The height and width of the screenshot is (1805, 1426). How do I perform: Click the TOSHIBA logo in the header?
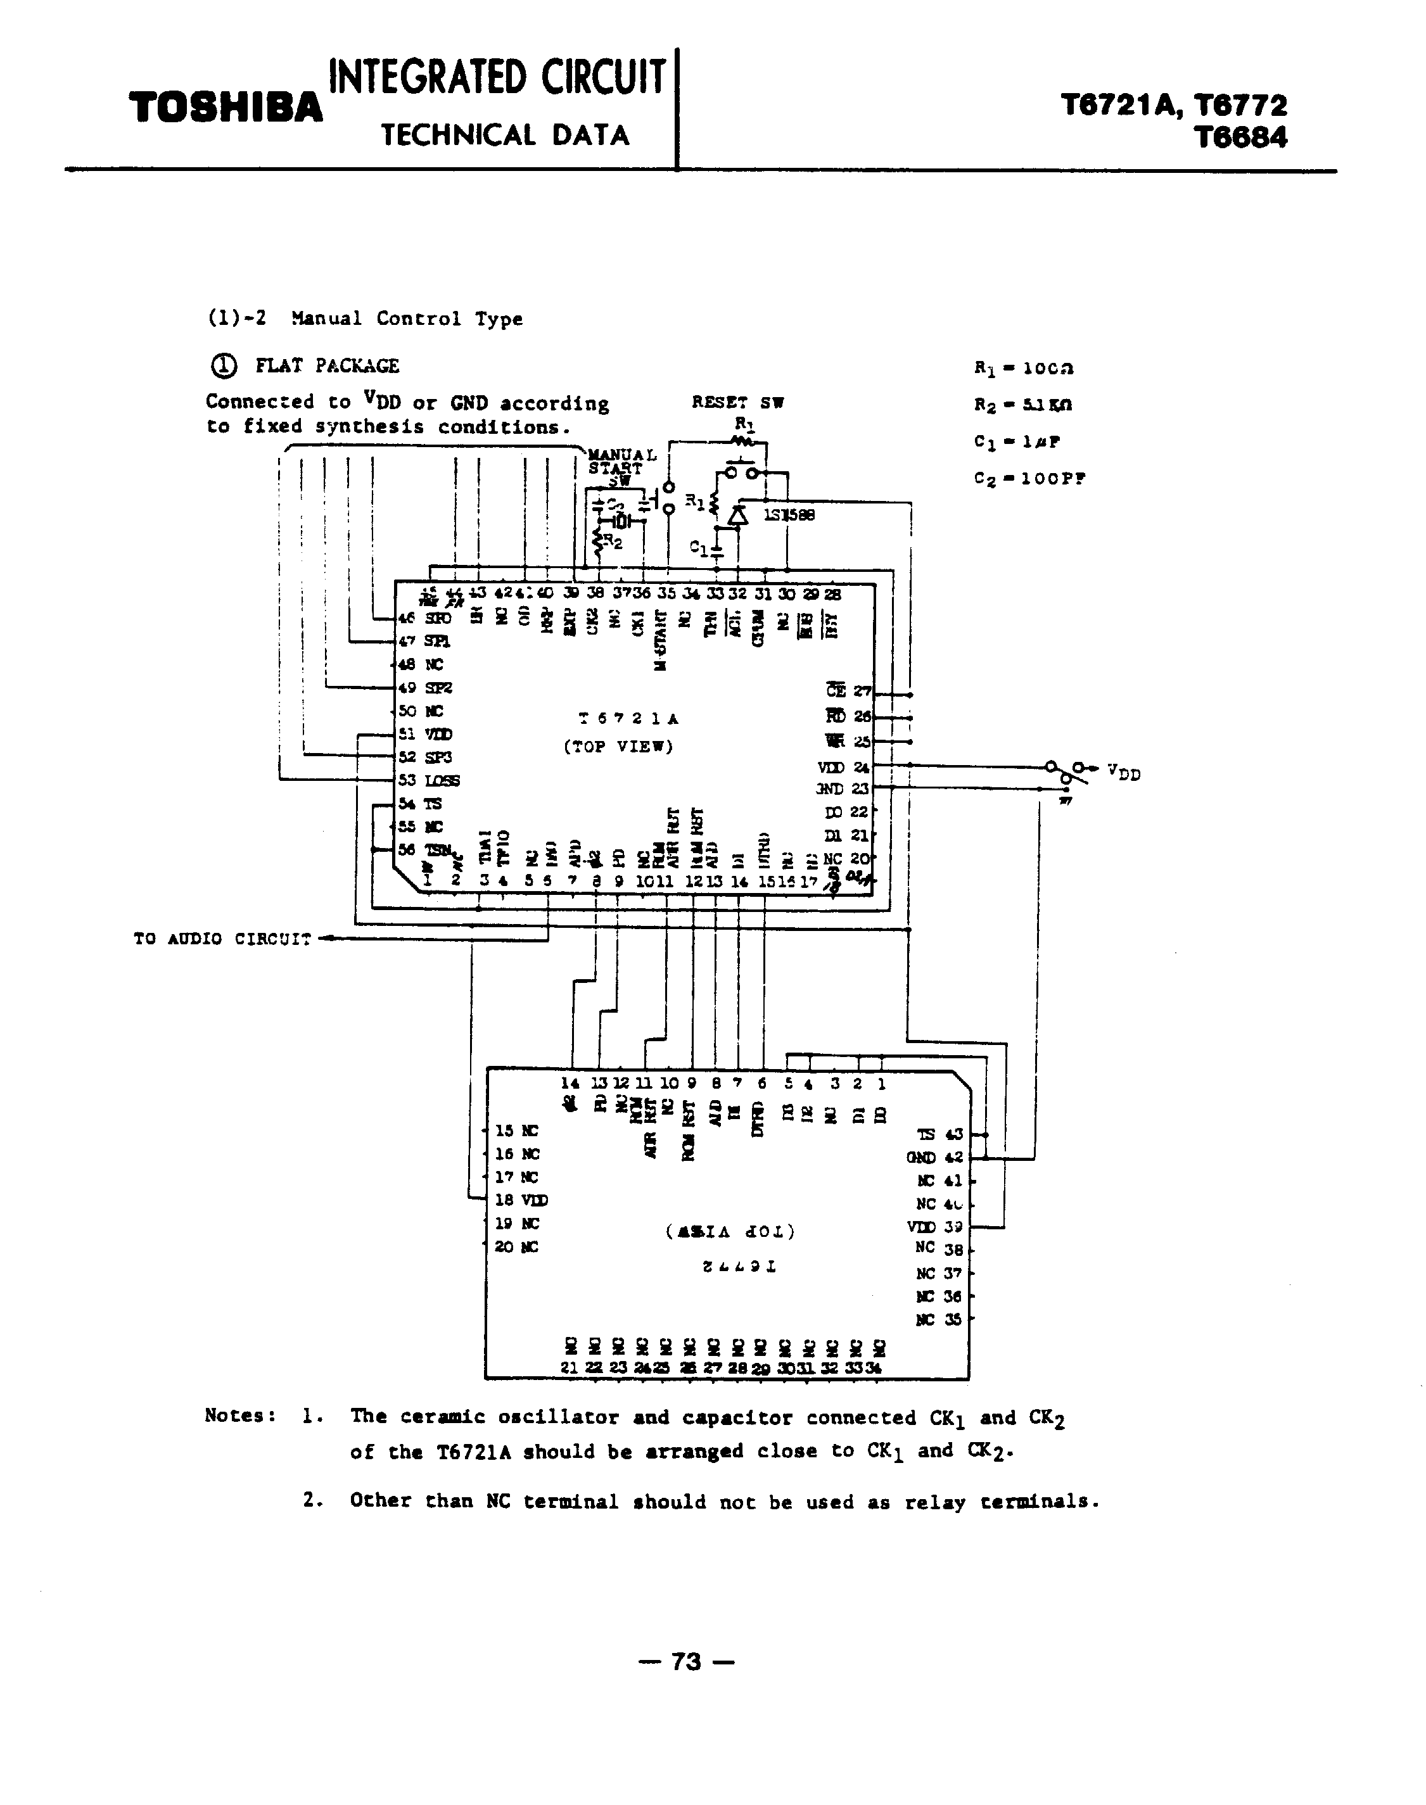pyautogui.click(x=226, y=108)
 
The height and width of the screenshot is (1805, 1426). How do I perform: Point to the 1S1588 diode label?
pyautogui.click(x=789, y=515)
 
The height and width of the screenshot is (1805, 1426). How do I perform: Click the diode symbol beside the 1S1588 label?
pyautogui.click(x=736, y=517)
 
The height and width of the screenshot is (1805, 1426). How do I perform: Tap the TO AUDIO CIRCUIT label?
pyautogui.click(x=222, y=939)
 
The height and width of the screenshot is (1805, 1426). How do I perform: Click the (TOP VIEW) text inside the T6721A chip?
pyautogui.click(x=618, y=746)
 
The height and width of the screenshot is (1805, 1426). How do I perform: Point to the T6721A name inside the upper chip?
pyautogui.click(x=628, y=718)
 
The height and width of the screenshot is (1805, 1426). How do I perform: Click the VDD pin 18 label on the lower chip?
pyautogui.click(x=522, y=1200)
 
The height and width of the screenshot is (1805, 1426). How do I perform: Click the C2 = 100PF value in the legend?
pyautogui.click(x=1029, y=479)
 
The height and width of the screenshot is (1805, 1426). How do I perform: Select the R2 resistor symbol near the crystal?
pyautogui.click(x=598, y=543)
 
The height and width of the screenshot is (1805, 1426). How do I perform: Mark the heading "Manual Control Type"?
pyautogui.click(x=407, y=318)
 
